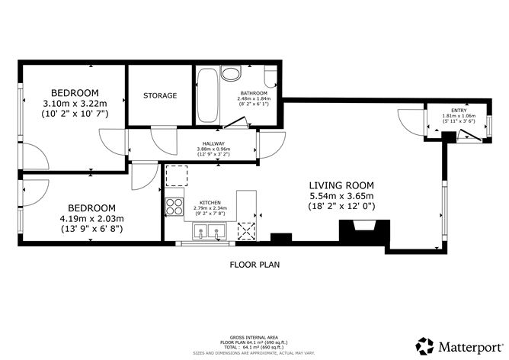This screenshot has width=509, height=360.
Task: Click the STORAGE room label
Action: [x=160, y=96]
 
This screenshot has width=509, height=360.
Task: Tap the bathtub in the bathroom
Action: [x=206, y=95]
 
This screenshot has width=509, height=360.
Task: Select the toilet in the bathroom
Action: [x=230, y=74]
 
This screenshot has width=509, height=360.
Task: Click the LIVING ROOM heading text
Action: [x=341, y=185]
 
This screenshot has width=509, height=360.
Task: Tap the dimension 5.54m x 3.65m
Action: [x=341, y=196]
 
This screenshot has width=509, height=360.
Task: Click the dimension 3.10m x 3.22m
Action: [x=74, y=104]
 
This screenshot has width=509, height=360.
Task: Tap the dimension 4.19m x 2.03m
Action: [x=91, y=219]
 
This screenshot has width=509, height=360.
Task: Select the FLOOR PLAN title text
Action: [x=254, y=265]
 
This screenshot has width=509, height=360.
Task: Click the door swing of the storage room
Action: [x=162, y=137]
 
